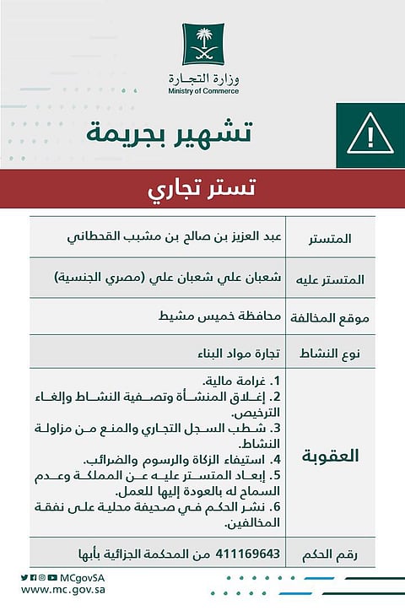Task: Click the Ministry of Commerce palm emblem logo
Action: coord(203,44)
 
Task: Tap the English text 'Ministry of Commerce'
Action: coord(202,91)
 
